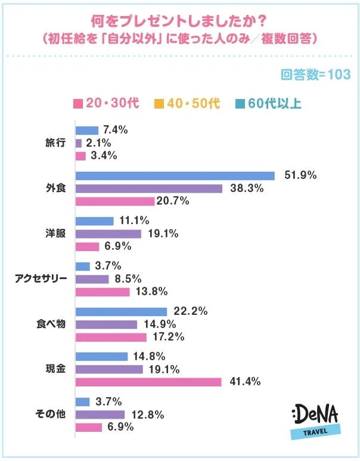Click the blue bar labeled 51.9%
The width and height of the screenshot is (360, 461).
[x=175, y=175]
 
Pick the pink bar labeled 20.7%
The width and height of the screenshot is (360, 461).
[x=114, y=202]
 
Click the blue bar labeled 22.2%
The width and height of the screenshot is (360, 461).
[x=121, y=311]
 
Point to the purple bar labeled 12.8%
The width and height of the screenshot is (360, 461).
[x=100, y=414]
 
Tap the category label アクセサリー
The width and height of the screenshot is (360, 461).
[x=42, y=279]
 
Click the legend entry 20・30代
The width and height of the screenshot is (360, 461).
[x=105, y=103]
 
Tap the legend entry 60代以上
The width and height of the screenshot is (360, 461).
[x=268, y=103]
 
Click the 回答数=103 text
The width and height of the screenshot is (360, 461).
[x=315, y=75]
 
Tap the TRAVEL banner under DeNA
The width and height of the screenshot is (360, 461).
[x=315, y=432]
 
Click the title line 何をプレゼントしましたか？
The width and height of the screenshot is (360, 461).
[x=179, y=20]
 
